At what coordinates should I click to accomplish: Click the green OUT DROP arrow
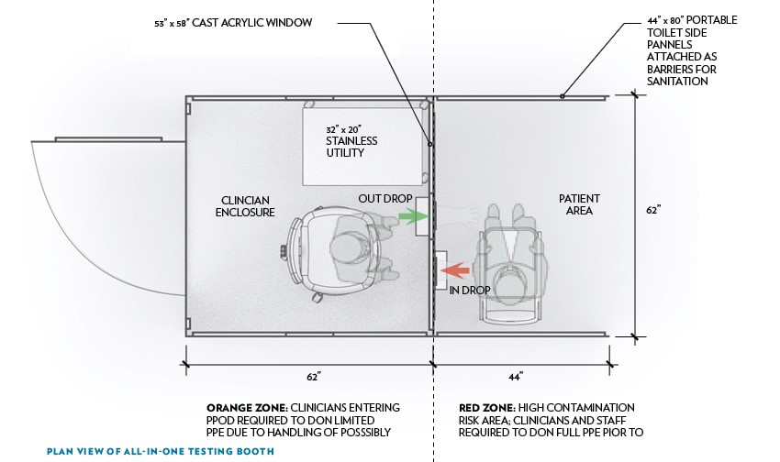(x=414, y=217)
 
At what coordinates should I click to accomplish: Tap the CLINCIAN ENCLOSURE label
(x=245, y=205)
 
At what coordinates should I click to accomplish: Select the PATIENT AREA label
(x=578, y=203)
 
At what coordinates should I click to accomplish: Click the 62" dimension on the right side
(x=653, y=210)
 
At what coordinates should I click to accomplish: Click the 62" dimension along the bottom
(x=312, y=377)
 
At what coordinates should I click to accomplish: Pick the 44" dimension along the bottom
(x=515, y=377)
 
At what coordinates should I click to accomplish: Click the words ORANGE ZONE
(x=238, y=407)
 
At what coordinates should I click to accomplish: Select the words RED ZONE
(x=485, y=407)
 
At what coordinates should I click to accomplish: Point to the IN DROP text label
(x=470, y=291)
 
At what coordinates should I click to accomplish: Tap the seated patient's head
(x=507, y=274)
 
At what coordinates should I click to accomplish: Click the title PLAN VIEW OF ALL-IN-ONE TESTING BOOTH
(x=161, y=452)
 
